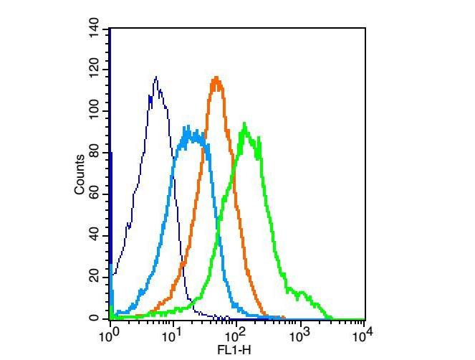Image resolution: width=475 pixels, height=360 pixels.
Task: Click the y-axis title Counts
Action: click(80, 174)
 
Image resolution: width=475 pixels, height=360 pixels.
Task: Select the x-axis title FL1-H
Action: click(234, 351)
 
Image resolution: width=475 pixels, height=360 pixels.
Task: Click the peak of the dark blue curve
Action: click(155, 77)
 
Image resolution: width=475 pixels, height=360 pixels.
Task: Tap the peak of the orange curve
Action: click(216, 77)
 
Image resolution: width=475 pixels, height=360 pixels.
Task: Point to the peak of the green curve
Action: click(245, 125)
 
